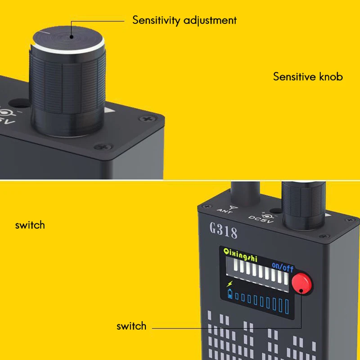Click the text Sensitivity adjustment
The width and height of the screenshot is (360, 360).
184,20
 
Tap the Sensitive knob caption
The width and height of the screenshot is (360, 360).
308,76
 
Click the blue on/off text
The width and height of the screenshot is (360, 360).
283,268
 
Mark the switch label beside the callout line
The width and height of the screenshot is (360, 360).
131,326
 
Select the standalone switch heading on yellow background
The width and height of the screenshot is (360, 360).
30,225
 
